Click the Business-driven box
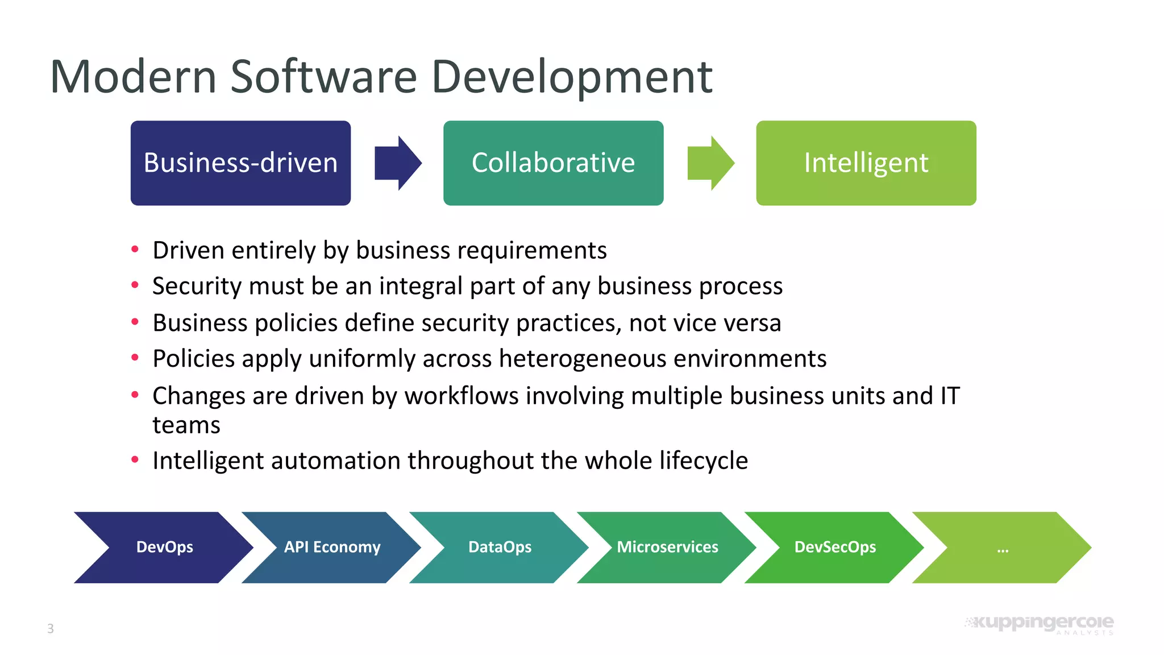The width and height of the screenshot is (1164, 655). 240,163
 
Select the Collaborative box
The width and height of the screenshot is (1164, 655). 553,163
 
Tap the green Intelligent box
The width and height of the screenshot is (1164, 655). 866,163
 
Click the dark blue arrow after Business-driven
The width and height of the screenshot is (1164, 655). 398,163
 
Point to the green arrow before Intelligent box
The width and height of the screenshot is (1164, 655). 710,163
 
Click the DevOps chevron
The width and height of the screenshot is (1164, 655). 164,547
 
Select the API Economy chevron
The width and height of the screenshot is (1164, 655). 332,547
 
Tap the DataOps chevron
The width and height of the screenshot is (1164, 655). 500,547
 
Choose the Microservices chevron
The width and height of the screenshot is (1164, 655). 667,547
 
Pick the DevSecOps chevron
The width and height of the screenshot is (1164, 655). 835,547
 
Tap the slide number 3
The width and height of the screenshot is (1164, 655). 51,628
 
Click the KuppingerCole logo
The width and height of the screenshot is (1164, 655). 1040,624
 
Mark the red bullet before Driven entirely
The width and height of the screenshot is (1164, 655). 135,249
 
